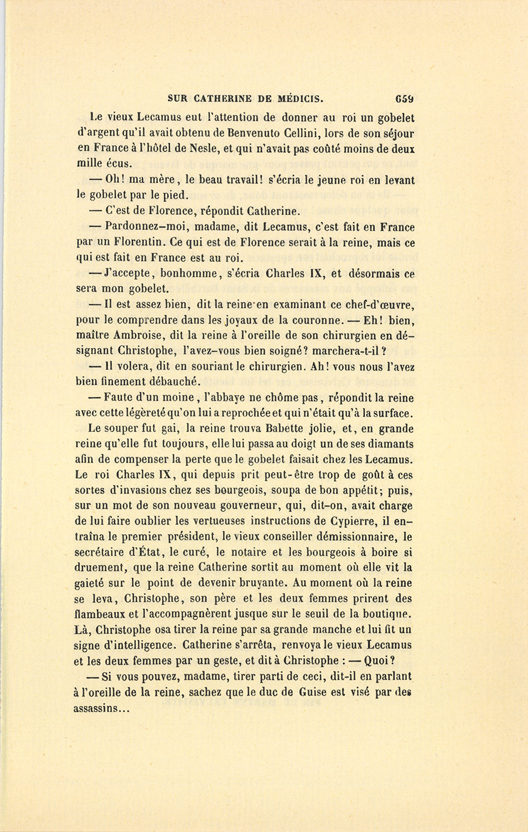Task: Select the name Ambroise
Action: coord(133,336)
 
